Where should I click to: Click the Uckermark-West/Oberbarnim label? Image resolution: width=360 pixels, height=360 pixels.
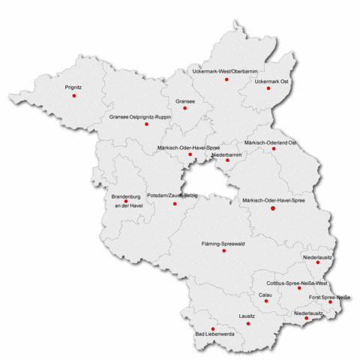225,70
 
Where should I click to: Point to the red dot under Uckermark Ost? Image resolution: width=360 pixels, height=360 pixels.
268,88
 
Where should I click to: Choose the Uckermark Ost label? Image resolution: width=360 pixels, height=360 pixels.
271,80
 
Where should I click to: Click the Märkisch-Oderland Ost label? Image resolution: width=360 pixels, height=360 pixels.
271,142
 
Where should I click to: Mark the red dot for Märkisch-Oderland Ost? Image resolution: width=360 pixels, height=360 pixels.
274,148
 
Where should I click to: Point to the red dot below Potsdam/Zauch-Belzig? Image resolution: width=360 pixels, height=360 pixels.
175,203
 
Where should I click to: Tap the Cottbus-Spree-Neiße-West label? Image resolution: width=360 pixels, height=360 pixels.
297,283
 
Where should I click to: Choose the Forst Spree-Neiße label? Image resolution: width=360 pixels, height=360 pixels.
331,298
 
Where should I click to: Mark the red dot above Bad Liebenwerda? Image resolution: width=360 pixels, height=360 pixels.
212,328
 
